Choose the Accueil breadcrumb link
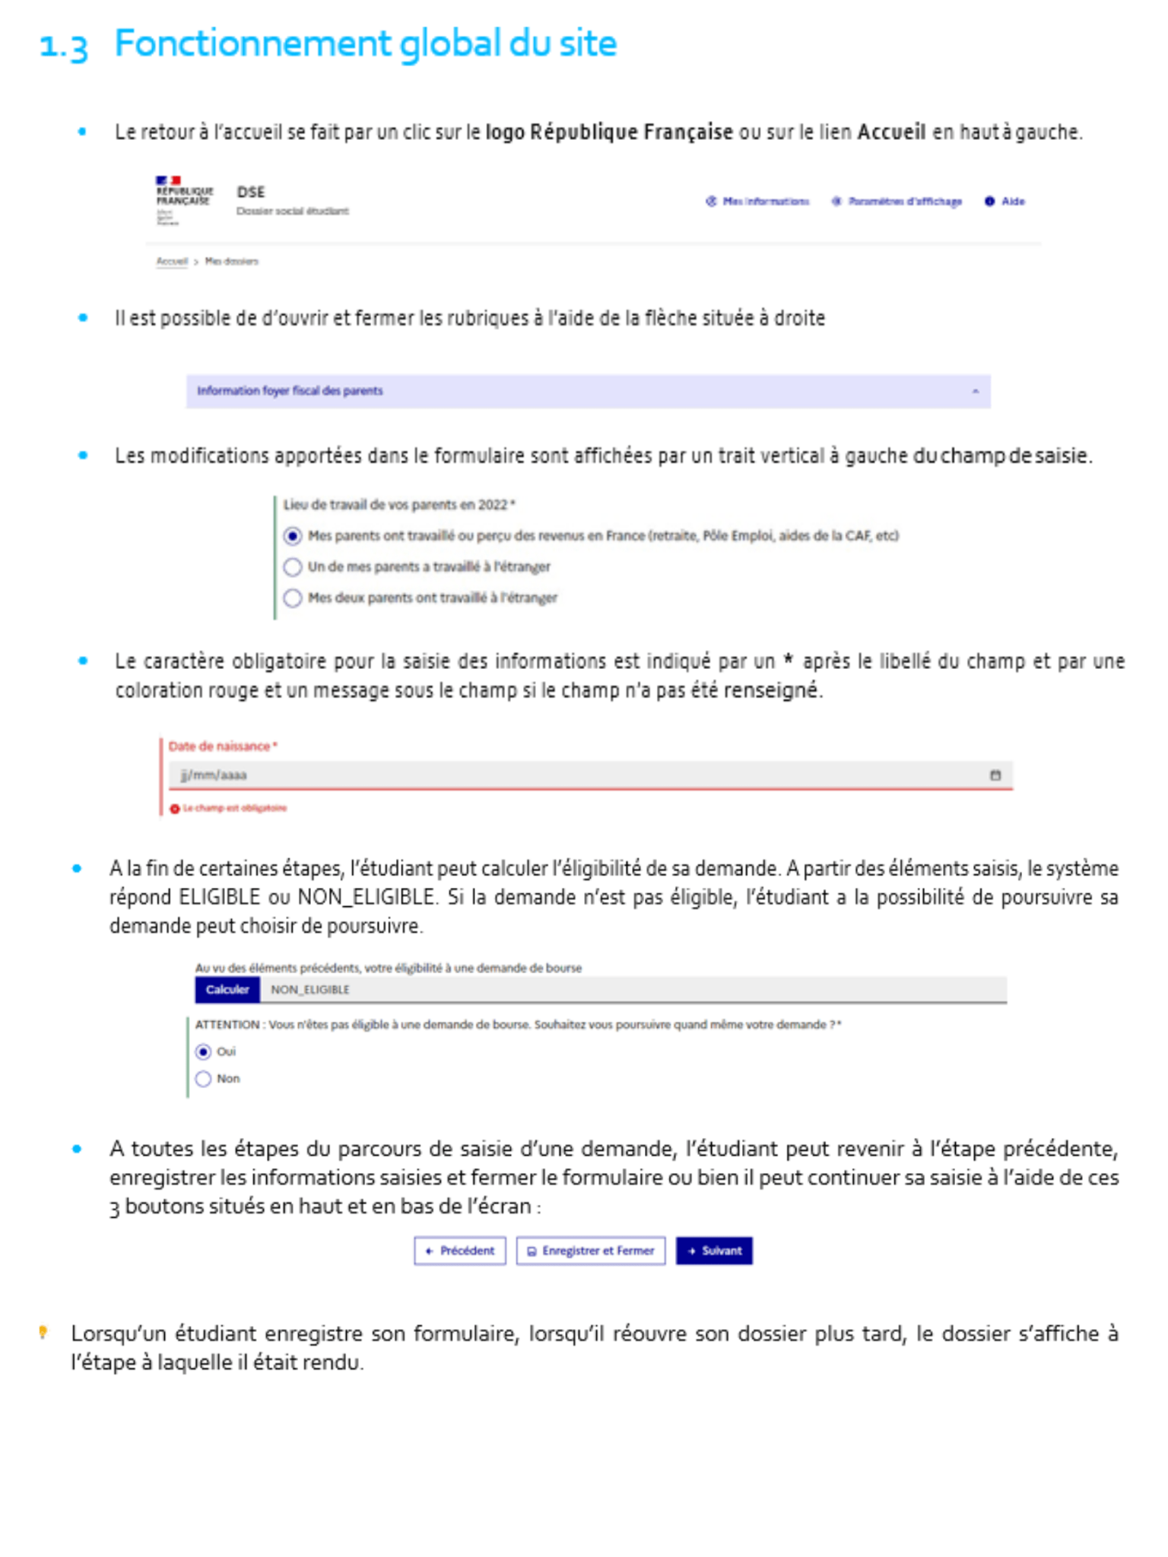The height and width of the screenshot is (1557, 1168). pos(172,262)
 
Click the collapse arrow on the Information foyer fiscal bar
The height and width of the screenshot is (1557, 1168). pos(976,392)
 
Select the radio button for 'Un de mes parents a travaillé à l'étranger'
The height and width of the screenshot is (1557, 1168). pos(293,567)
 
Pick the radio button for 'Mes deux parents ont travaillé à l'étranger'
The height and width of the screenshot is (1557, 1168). pos(293,598)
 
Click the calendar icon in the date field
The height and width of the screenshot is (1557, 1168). pos(995,775)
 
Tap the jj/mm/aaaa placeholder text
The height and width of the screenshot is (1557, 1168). pos(214,775)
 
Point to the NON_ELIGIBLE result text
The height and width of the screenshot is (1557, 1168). pos(310,990)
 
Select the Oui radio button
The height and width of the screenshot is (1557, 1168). pos(203,1052)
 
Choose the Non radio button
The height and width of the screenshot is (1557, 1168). pos(203,1080)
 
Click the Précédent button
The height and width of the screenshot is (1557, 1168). pos(460,1251)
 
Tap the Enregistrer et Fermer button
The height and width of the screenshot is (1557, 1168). pos(591,1251)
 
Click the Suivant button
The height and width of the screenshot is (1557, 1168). pos(714,1251)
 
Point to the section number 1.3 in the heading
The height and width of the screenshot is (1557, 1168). pos(64,46)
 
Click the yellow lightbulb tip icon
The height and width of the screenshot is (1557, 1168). pos(43,1332)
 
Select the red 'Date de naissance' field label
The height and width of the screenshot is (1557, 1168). pos(220,747)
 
